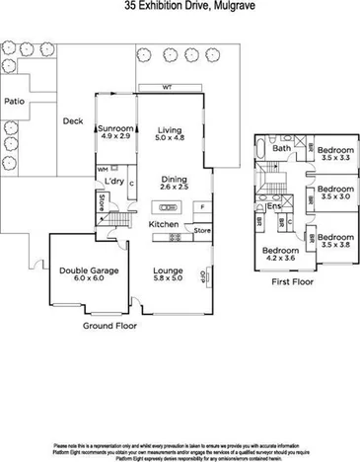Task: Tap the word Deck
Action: tap(73, 121)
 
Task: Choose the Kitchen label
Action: tap(163, 225)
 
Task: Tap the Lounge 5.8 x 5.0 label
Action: tap(174, 271)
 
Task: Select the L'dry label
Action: tap(113, 182)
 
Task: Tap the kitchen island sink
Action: tap(164, 207)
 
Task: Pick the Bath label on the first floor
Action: tap(282, 149)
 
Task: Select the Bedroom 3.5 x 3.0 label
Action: tap(336, 192)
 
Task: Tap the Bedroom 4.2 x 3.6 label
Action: tap(280, 255)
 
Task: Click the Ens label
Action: tap(273, 208)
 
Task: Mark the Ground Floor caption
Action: tap(108, 324)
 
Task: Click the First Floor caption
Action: tap(292, 280)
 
